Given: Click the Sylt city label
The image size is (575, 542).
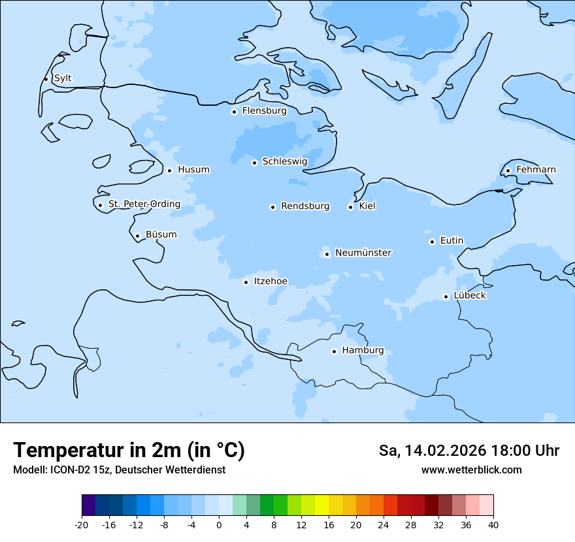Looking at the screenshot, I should point(63,78).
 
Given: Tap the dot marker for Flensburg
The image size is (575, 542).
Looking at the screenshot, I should point(234,112).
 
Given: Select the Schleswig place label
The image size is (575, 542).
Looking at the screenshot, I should point(284,161).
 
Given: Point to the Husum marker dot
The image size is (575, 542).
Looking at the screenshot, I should point(169,170).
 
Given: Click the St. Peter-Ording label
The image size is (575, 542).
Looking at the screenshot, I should point(144,204).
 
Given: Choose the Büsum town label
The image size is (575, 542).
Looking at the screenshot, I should point(161,234).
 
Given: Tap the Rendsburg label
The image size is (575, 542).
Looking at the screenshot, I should point(305,206).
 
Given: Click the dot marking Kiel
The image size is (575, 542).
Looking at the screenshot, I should point(350,207).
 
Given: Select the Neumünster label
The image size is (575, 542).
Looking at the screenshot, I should point(363,253).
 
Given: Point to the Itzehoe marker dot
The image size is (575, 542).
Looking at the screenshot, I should point(246,282).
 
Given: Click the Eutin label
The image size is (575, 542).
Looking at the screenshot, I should point(452,241).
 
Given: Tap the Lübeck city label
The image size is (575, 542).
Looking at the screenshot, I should point(470,296).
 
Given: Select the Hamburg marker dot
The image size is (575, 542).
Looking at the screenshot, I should point(334,351).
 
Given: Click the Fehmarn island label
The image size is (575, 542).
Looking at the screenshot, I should point(536,170).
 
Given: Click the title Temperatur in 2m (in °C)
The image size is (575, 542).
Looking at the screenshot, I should point(129,451).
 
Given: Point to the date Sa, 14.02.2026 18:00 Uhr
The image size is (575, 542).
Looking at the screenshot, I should point(469,451).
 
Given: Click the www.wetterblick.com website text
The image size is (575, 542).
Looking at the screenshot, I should point(471,470).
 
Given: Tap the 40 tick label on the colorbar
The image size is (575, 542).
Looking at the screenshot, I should point(493,525).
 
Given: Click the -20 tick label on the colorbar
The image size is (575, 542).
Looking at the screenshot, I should point(82,525).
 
